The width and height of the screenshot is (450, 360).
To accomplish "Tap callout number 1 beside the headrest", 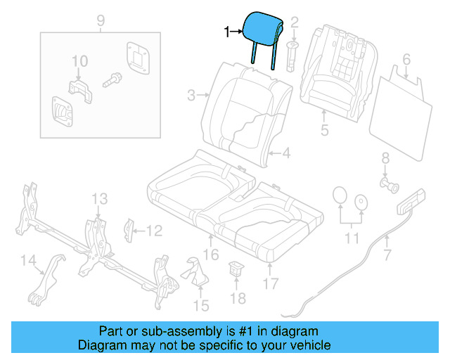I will pyautogui.click(x=226, y=32).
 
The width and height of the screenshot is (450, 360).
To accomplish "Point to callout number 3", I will pyautogui.click(x=191, y=94).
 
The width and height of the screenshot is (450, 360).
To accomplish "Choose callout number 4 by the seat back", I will pyautogui.click(x=287, y=153).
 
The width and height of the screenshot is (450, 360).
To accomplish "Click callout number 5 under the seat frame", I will pyautogui.click(x=324, y=131).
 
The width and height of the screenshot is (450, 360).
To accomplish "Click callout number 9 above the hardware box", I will pyautogui.click(x=99, y=19).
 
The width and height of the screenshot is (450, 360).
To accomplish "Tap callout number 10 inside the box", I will pyautogui.click(x=79, y=61).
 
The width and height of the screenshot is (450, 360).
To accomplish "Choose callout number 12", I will pyautogui.click(x=154, y=230).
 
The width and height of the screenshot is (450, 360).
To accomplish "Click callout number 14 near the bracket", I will pyautogui.click(x=27, y=262).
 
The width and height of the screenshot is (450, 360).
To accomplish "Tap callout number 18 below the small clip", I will pyautogui.click(x=238, y=298).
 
